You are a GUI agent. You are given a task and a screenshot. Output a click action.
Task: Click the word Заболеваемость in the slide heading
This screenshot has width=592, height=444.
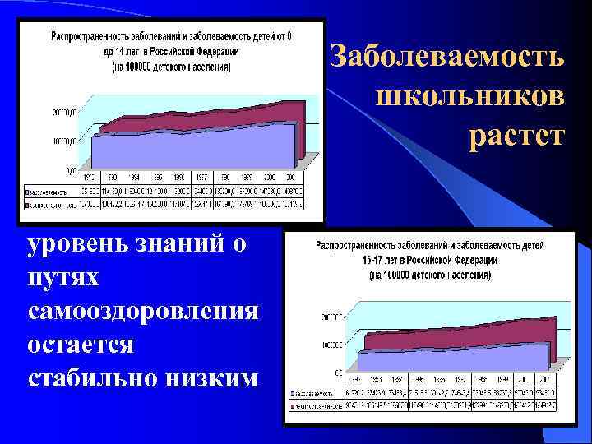(447, 58)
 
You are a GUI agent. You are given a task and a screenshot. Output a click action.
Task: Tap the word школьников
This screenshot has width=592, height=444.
(470, 95)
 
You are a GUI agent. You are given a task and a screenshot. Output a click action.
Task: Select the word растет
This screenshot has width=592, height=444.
(517, 134)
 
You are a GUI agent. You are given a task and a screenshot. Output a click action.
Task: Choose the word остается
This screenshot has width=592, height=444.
(80, 345)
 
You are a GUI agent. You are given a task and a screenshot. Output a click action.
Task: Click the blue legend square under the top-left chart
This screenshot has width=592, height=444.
(30, 198)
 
